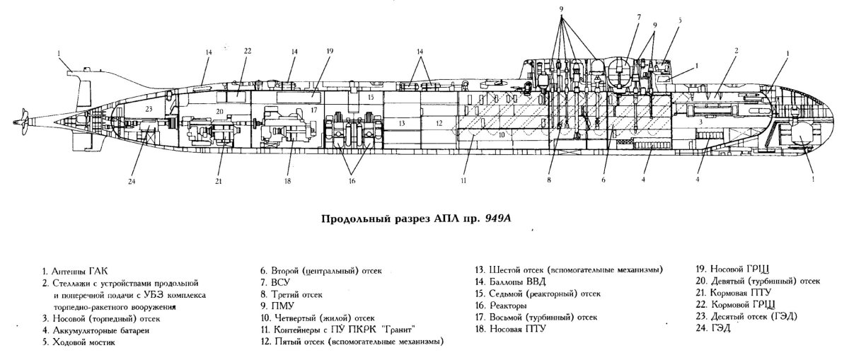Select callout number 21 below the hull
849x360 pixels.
218,181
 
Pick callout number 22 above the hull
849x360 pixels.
248,52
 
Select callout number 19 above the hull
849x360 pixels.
330,52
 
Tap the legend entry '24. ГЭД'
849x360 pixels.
717,330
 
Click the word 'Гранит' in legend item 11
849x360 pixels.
393,330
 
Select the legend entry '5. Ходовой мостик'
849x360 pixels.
79,342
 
